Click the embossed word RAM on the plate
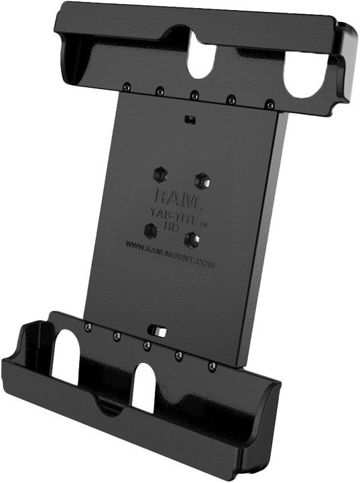(x=173, y=197)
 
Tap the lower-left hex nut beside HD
(x=151, y=230)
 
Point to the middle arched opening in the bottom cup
(x=143, y=387)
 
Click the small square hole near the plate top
(x=191, y=120)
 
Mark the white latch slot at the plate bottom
(x=158, y=330)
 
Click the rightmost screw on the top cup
(x=269, y=104)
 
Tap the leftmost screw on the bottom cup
(x=88, y=326)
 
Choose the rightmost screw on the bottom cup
(x=211, y=366)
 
